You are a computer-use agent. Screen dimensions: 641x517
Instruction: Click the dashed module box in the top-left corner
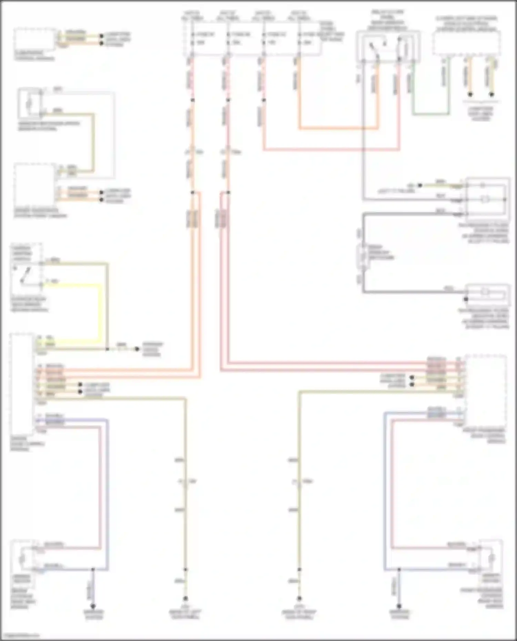tap(34, 40)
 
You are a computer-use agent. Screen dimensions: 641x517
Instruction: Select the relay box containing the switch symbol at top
tap(388, 46)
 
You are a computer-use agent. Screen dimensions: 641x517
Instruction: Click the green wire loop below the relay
tap(431, 114)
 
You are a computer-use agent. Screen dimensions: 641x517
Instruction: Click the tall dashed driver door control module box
tap(22, 384)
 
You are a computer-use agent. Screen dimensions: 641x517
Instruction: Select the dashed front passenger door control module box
tap(485, 391)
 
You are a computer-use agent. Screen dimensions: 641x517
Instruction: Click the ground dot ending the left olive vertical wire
tap(185, 608)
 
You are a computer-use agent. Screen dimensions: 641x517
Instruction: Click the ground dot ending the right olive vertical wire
tap(299, 608)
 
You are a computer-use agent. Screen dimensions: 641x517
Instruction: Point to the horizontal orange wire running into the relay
tap(338, 129)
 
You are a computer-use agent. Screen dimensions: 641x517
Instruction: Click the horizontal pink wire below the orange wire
tap(331, 150)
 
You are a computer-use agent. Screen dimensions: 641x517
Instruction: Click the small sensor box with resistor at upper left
tap(30, 102)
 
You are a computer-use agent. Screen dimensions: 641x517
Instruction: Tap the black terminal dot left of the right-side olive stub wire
tap(420, 185)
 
